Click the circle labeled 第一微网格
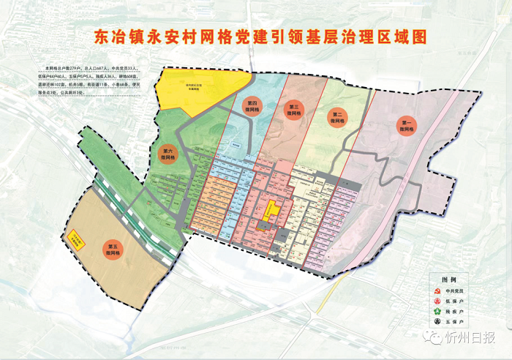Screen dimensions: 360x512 coord(407,126)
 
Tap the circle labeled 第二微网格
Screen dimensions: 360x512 coord(337,116)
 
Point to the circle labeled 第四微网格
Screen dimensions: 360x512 coord(252,105)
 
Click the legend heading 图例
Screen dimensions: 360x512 coord(448,280)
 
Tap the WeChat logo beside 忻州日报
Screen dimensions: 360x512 coord(438,338)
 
